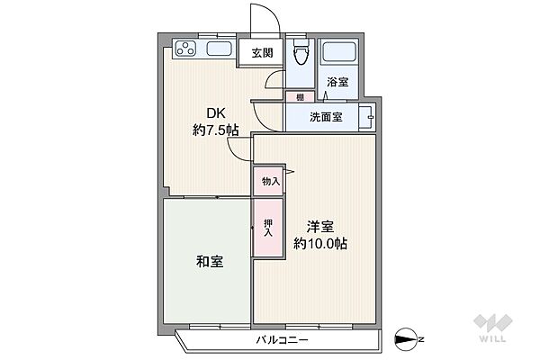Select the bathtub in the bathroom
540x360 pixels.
click(x=340, y=55)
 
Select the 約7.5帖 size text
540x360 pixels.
click(x=215, y=131)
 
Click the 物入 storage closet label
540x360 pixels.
click(x=270, y=182)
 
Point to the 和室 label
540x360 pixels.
click(x=209, y=262)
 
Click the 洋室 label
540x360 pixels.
click(x=320, y=226)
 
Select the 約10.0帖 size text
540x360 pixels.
click(x=320, y=243)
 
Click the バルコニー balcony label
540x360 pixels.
click(x=282, y=341)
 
